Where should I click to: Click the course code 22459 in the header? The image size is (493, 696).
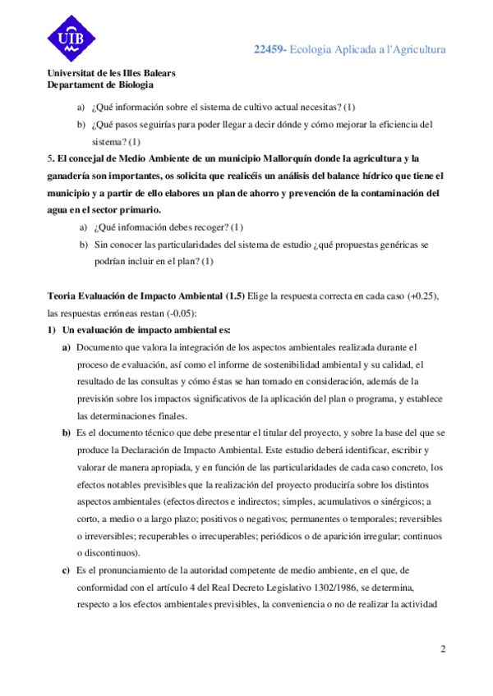tap(270, 50)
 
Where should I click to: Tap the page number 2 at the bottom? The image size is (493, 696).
tap(442, 651)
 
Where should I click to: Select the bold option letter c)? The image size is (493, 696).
tap(66, 571)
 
